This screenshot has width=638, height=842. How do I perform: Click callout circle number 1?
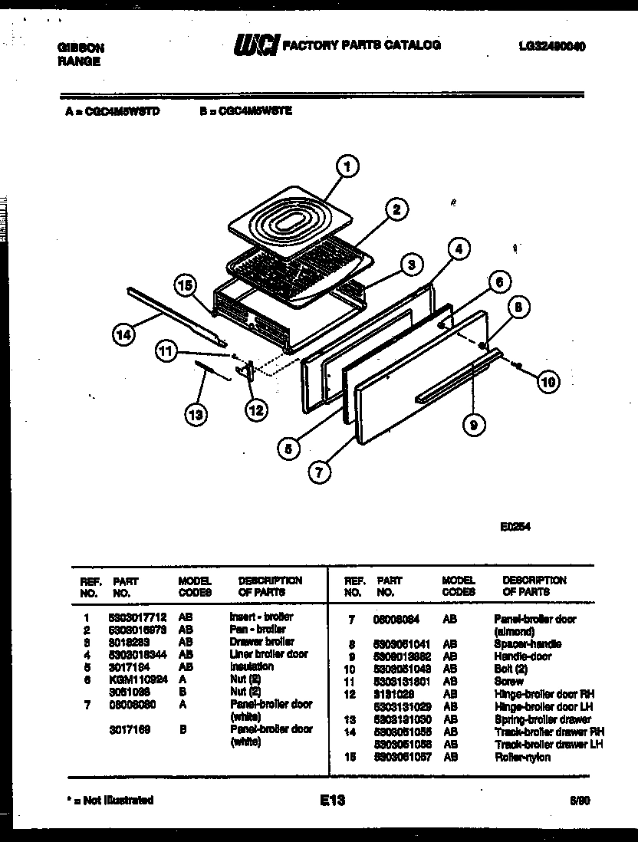point(347,166)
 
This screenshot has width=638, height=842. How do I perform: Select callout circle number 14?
point(123,334)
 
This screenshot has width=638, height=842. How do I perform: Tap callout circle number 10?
point(547,381)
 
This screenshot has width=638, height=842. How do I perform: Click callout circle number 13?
point(196,415)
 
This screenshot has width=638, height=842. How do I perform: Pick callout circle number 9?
point(474,425)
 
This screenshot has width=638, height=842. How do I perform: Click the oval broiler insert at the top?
point(288,223)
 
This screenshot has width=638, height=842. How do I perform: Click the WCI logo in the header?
point(257,45)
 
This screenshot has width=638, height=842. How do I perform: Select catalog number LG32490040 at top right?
point(551,46)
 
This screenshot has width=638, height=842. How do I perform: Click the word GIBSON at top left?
point(81,47)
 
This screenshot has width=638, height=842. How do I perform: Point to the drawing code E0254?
point(515,527)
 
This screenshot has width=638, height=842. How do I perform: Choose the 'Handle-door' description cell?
point(523,656)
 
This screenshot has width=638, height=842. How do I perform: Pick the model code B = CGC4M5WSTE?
point(246,110)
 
